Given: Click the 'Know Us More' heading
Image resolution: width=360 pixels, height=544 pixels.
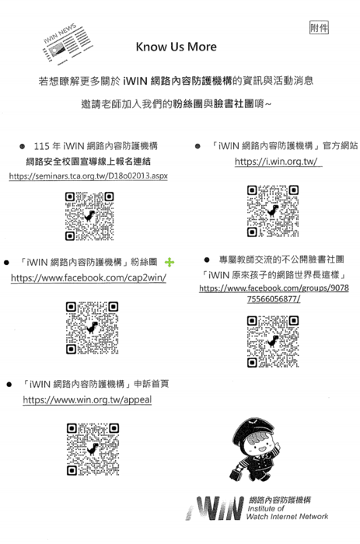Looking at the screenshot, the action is pos(176,47).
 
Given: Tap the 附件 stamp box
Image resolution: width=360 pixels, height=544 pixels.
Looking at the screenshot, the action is pos(319,28).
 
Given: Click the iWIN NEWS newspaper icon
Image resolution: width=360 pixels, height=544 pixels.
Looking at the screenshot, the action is pos(66,44).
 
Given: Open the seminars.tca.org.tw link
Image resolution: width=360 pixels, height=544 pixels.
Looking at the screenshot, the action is pos(89,176).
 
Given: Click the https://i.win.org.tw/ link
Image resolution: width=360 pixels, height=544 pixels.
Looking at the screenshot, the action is pos(277,162).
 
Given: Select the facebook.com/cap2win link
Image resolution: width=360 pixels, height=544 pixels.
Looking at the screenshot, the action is pos(89,278).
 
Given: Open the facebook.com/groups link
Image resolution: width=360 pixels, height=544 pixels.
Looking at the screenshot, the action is pos(274,293).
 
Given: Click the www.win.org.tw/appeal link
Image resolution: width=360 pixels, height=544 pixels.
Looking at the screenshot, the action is pos(87,399).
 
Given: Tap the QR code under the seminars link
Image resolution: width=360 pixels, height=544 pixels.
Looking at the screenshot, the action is pos(89,216).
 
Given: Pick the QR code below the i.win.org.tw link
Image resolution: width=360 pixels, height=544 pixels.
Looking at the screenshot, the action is pos(273,211).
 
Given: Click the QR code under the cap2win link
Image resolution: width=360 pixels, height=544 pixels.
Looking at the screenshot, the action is pos(92,328).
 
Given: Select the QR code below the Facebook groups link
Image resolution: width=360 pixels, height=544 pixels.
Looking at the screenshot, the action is pos(273,341).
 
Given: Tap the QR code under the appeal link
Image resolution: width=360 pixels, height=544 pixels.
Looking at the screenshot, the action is pos(93,449).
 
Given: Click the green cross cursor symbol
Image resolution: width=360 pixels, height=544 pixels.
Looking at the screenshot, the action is pos(170,263).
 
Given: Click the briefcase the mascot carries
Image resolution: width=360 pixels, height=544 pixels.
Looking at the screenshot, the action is pos(236,473).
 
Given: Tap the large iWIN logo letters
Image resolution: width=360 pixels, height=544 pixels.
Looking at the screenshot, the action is pos(215,508).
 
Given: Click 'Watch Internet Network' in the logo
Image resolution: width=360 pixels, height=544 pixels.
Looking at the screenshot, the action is pos(287,517).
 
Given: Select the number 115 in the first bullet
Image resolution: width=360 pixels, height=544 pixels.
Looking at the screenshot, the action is pos(41,146).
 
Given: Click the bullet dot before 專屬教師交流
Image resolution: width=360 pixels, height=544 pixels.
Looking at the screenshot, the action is pos(207,260).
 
